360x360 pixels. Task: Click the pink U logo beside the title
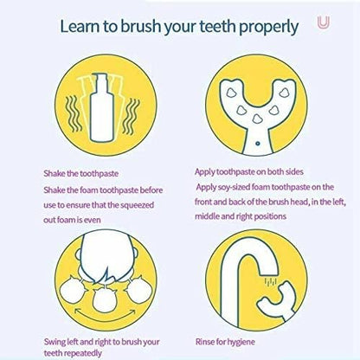[x=323, y=22]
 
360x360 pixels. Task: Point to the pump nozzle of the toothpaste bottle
[x=100, y=78]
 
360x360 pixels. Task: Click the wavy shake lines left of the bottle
[x=71, y=114]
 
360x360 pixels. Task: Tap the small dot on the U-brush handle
[x=258, y=143]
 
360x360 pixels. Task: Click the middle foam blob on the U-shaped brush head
[x=256, y=119]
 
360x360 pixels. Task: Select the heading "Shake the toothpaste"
[x=81, y=174]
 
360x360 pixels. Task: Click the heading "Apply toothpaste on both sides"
[x=249, y=172]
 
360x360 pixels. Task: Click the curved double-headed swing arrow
[x=105, y=317]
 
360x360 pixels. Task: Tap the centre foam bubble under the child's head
[x=105, y=300]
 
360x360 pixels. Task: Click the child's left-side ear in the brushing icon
[x=78, y=254]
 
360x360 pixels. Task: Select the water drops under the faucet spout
[x=271, y=281]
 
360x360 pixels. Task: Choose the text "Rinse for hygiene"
[x=225, y=342]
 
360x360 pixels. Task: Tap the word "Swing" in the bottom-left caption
[x=55, y=343]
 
